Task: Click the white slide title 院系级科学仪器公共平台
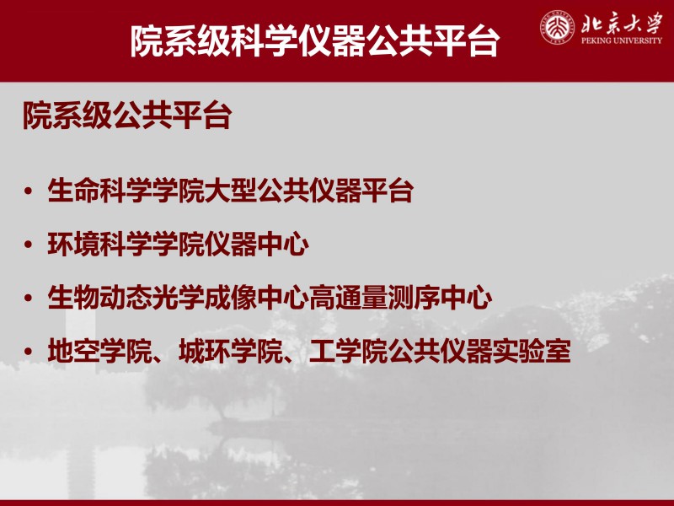[315, 40]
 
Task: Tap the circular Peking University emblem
[558, 28]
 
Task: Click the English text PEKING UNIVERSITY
[622, 40]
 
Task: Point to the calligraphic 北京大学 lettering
[622, 23]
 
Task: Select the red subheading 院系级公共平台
[127, 116]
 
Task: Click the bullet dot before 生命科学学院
[29, 191]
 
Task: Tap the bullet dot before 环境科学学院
[29, 245]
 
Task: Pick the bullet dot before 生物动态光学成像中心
[29, 298]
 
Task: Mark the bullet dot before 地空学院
[29, 351]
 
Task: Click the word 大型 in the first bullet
[230, 191]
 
